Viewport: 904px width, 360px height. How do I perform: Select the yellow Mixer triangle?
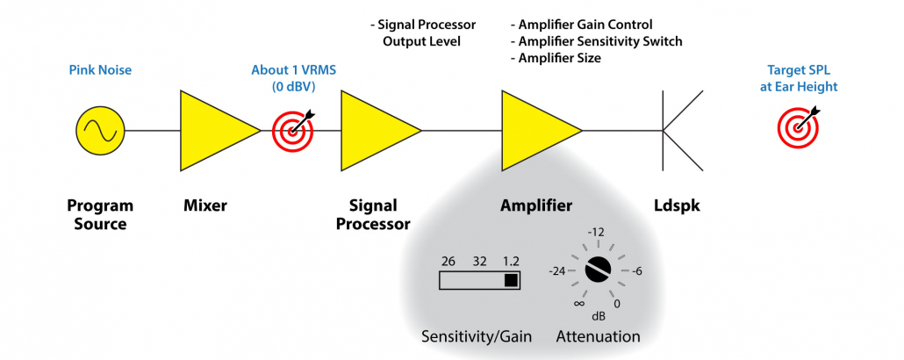212,132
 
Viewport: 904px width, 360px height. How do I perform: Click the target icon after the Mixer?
292,131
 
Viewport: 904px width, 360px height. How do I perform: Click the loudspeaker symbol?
681,132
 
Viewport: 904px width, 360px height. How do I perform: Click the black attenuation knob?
599,269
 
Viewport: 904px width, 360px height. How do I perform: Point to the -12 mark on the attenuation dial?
599,231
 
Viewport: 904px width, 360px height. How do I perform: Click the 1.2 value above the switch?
511,261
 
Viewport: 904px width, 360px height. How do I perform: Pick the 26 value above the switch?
448,261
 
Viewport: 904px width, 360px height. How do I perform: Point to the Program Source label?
100,214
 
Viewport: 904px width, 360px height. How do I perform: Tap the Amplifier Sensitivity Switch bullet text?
596,41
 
